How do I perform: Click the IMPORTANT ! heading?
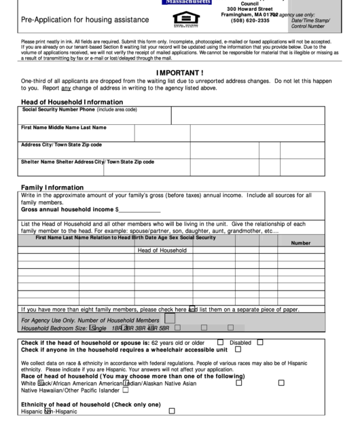[x=180, y=72]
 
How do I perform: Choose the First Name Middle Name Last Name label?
[x=64, y=127]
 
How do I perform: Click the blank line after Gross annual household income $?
[x=141, y=210]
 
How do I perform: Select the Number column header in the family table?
[x=300, y=242]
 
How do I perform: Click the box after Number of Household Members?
[x=170, y=318]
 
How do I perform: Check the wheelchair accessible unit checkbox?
[x=238, y=350]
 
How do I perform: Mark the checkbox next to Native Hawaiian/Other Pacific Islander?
[x=124, y=390]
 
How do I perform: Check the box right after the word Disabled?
[x=257, y=342]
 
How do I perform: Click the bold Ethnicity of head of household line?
[x=90, y=404]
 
